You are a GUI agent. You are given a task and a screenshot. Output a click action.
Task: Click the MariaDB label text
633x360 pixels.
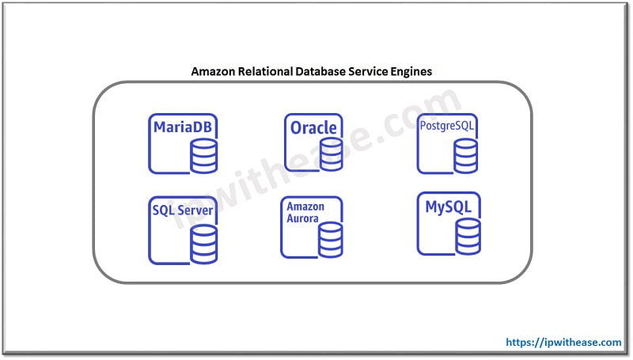(183, 127)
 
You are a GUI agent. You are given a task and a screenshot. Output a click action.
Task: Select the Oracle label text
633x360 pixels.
(313, 127)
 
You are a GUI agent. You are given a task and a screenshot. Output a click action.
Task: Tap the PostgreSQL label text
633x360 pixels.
(449, 126)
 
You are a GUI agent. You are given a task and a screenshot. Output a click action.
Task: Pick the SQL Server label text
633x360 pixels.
(182, 210)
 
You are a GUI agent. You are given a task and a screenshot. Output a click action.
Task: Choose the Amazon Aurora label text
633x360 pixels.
(305, 212)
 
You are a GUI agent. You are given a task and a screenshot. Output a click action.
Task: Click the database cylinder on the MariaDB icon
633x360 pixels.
(203, 158)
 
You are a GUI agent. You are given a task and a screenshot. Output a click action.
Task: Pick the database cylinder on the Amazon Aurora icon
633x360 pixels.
(330, 239)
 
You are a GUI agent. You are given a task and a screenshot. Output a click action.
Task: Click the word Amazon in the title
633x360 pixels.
(214, 71)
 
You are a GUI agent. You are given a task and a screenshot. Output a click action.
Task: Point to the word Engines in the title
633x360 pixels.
(412, 71)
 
